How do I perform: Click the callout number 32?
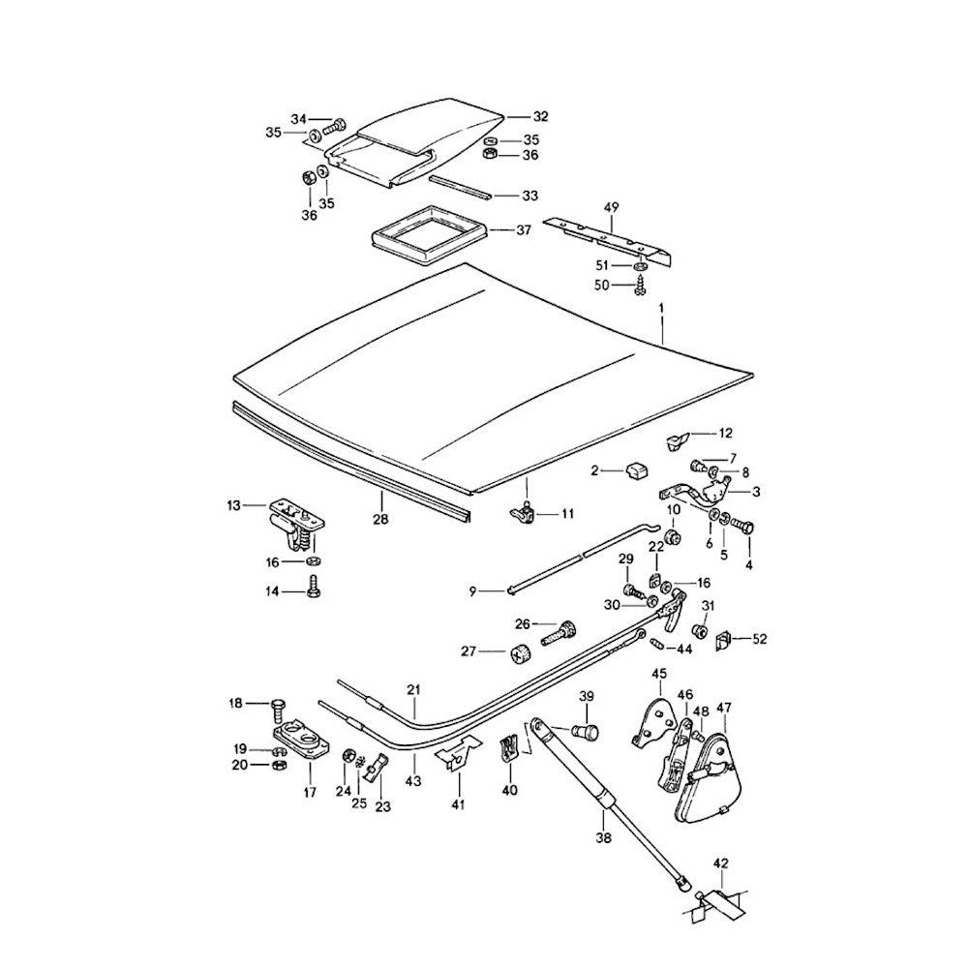click(x=540, y=116)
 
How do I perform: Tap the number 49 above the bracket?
click(x=611, y=206)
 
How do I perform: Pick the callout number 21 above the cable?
click(x=414, y=690)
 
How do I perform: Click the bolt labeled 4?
click(x=744, y=528)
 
